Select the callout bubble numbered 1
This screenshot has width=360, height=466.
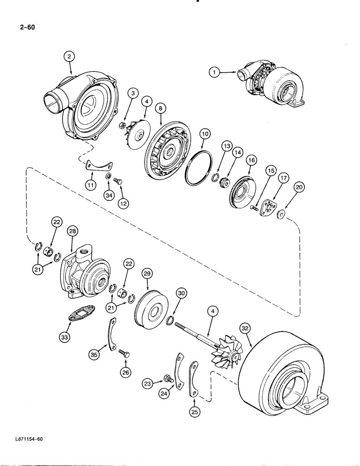214,72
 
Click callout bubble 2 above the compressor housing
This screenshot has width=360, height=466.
69,57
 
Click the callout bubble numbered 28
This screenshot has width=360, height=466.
72,231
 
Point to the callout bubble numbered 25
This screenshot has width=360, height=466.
194,411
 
